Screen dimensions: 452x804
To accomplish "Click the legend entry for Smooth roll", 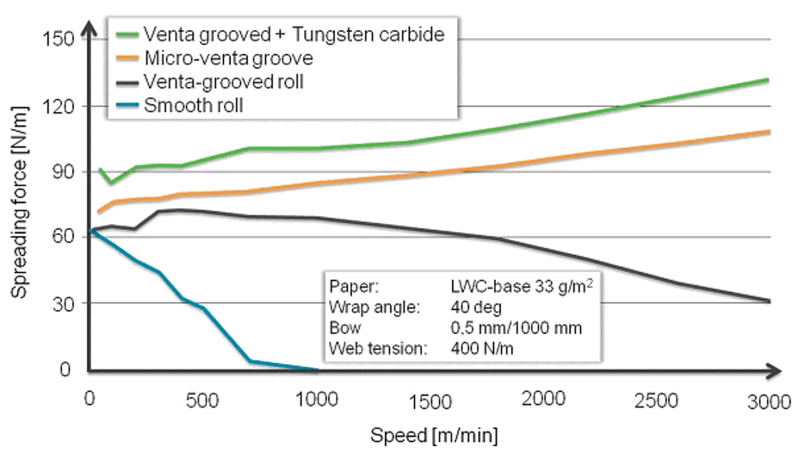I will pos(193,105).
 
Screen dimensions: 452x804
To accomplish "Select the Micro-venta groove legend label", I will pos(228,58).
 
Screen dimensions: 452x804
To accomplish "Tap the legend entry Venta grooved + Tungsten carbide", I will pos(294,34).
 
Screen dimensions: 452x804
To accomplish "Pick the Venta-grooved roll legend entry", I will pos(223,82).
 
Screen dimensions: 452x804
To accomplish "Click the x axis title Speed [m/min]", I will pos(434,435).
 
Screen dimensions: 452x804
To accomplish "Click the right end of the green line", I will pos(768,80).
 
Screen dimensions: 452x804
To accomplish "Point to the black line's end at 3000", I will pos(768,301).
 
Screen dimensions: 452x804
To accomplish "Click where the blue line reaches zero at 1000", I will pos(317,369).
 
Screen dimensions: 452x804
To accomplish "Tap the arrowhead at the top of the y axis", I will pos(90,26).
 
